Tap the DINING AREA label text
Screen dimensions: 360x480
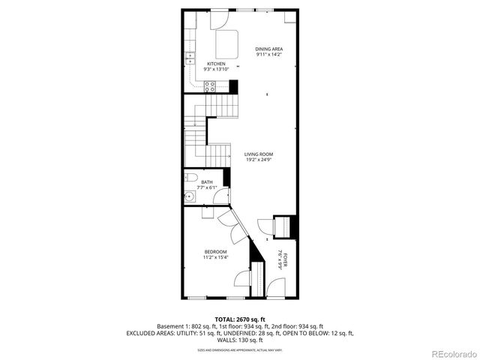click(x=268, y=49)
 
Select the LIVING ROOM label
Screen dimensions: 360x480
click(x=258, y=154)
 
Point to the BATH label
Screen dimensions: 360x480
click(x=206, y=182)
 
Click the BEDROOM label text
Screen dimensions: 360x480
click(x=215, y=251)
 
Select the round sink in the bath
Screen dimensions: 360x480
click(x=189, y=198)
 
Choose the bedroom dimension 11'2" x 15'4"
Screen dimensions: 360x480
click(x=215, y=257)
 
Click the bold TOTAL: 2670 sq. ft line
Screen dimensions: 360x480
click(x=239, y=319)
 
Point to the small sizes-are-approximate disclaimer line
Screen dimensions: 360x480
click(x=239, y=349)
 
